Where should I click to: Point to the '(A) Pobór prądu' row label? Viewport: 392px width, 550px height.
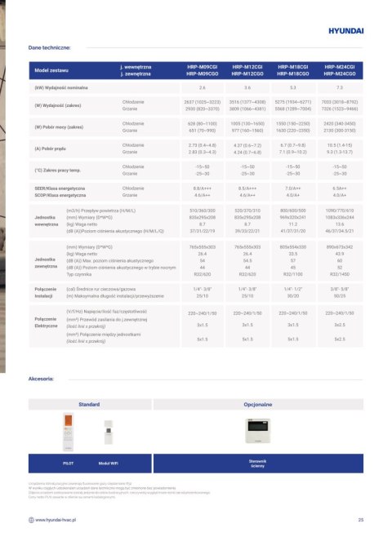point(51,149)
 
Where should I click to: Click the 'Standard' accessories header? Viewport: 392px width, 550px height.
point(88,404)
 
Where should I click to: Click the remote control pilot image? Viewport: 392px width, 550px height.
point(69,432)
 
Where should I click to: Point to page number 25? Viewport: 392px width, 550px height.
point(360,519)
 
